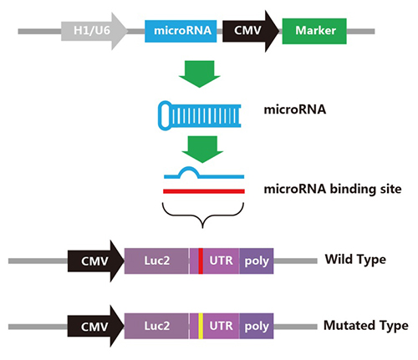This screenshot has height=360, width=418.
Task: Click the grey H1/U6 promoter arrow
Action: (94, 31)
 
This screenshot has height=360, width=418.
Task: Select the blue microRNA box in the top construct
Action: (181, 31)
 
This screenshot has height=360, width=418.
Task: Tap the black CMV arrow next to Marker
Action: (250, 31)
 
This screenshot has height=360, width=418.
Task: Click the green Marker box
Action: (314, 31)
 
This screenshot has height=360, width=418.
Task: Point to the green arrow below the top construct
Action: (200, 74)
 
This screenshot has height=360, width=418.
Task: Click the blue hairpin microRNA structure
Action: (199, 115)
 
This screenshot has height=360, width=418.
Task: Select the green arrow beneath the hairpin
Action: (202, 150)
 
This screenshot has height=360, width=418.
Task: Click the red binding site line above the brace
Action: (204, 191)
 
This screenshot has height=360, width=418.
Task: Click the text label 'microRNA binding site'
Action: (333, 190)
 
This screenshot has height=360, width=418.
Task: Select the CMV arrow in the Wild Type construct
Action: (95, 261)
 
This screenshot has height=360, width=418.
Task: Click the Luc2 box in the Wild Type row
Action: (156, 261)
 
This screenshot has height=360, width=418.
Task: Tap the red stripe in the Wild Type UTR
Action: (201, 261)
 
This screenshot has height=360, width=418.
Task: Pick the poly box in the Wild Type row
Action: (257, 261)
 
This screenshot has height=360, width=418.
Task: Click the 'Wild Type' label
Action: (355, 259)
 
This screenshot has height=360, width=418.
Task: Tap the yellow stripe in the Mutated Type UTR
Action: (201, 326)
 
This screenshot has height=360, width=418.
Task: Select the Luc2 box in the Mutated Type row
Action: (156, 326)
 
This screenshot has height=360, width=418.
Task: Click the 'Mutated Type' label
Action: (366, 326)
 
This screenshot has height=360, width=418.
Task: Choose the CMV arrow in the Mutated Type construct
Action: (95, 326)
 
